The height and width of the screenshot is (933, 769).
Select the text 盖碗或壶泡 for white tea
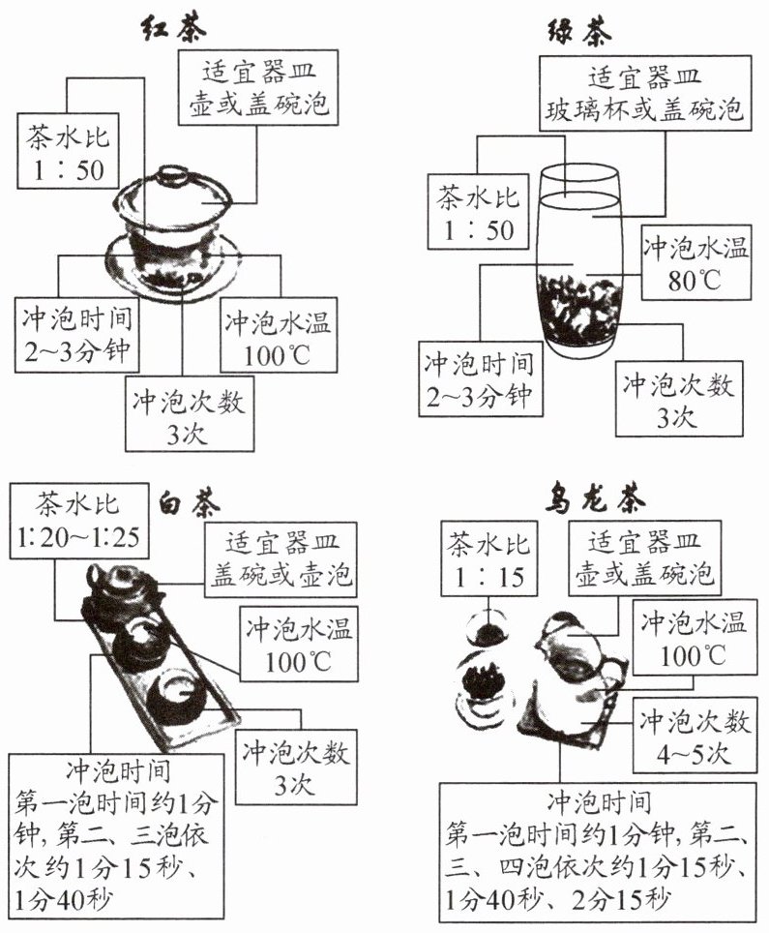(x=277, y=579)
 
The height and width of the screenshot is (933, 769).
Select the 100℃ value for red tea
(x=278, y=353)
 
